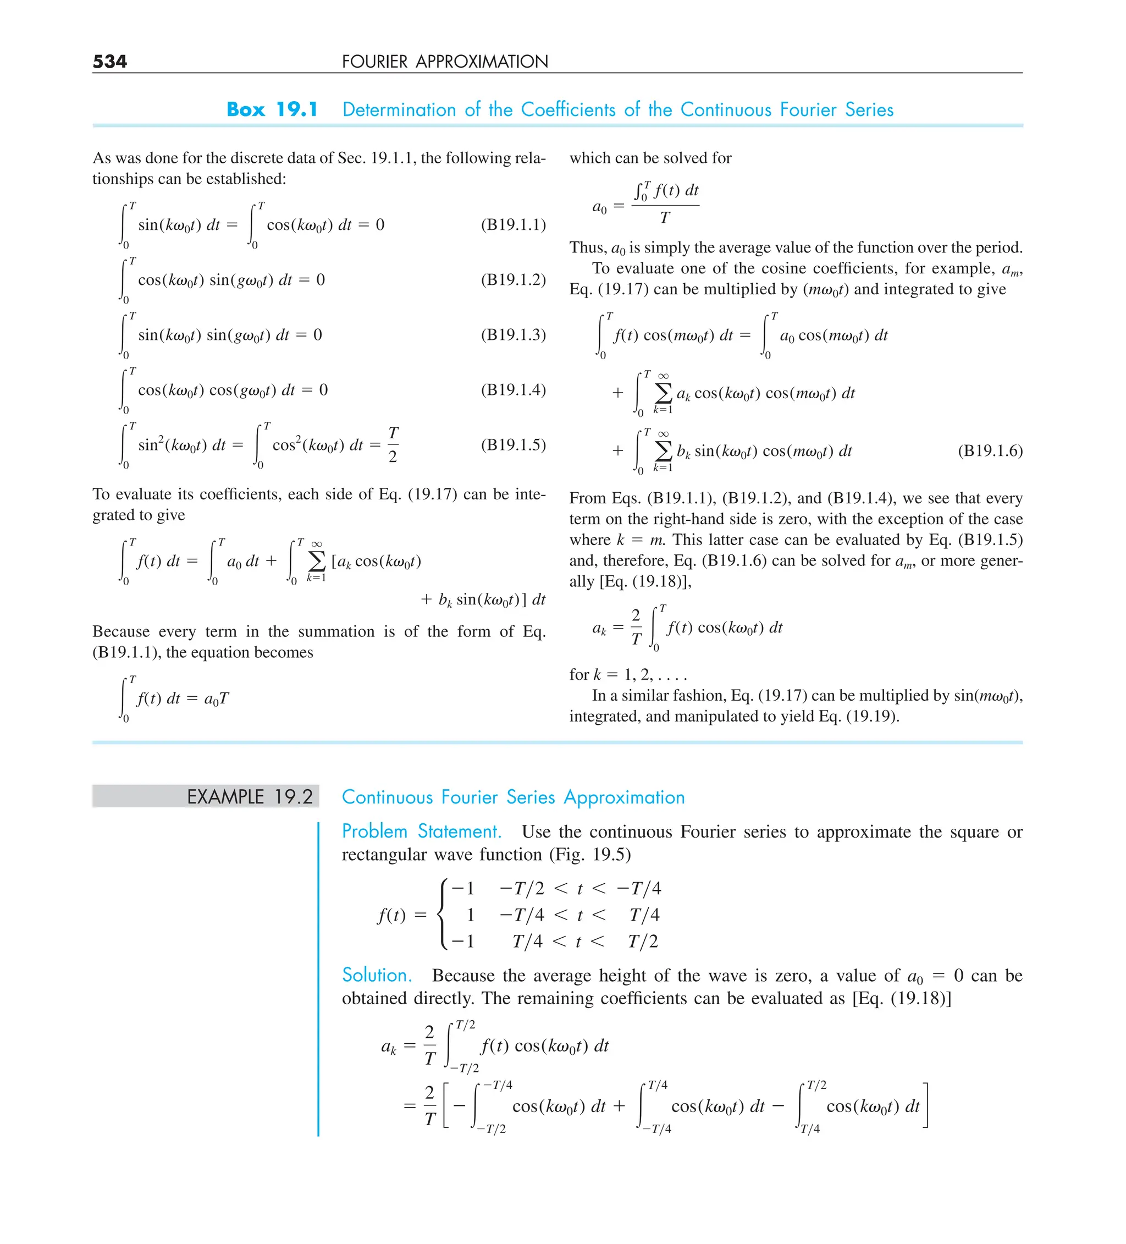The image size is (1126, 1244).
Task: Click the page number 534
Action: (x=110, y=61)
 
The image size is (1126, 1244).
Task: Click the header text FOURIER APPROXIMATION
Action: (x=445, y=61)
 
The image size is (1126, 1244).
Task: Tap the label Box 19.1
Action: (x=272, y=109)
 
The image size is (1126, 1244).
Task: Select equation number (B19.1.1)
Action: (x=514, y=224)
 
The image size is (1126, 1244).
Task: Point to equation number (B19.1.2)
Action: (x=514, y=279)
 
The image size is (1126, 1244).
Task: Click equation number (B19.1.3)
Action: (x=514, y=334)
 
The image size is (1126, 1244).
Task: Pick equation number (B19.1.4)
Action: (x=514, y=389)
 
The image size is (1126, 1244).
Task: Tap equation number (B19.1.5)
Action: (x=514, y=445)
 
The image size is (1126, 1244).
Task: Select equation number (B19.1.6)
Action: (x=990, y=450)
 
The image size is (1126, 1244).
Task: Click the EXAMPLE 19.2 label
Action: (x=250, y=797)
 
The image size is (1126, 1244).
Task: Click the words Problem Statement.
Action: (x=421, y=831)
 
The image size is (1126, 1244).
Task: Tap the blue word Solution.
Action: (x=377, y=975)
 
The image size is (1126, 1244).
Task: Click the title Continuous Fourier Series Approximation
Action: (x=514, y=797)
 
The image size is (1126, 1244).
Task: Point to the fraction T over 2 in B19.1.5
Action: (x=393, y=444)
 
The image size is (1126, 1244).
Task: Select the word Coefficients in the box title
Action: (x=567, y=109)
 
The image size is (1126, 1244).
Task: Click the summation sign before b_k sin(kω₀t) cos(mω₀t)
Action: (x=663, y=450)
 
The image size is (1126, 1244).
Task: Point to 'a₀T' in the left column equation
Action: (x=217, y=698)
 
